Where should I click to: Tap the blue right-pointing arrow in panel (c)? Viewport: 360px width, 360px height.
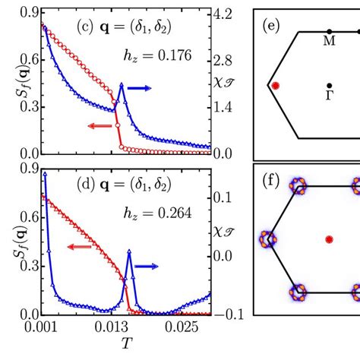pyautogui.click(x=139, y=89)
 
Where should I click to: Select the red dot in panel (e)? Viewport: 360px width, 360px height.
pyautogui.click(x=276, y=86)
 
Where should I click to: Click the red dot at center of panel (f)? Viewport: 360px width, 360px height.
pyautogui.click(x=329, y=239)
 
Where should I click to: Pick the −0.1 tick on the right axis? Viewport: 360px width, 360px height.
pyautogui.click(x=234, y=314)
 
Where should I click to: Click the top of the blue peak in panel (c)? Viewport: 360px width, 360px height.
pyautogui.click(x=122, y=84)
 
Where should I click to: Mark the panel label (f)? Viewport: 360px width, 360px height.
pyautogui.click(x=271, y=182)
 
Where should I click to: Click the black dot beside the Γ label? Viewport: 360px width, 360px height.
pyautogui.click(x=329, y=85)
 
